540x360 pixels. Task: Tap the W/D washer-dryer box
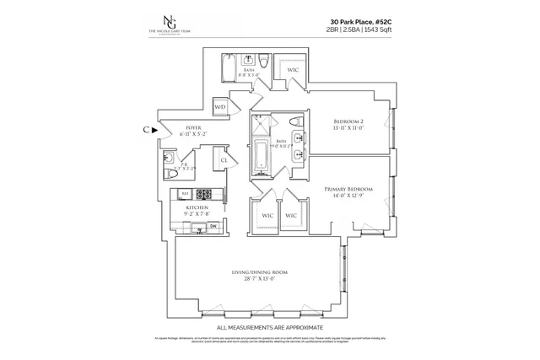click(x=220, y=107)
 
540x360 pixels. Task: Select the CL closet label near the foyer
click(x=225, y=159)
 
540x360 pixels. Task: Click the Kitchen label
click(x=197, y=207)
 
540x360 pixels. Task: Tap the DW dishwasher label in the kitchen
click(x=213, y=225)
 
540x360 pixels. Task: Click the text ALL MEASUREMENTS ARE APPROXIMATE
click(x=269, y=326)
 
